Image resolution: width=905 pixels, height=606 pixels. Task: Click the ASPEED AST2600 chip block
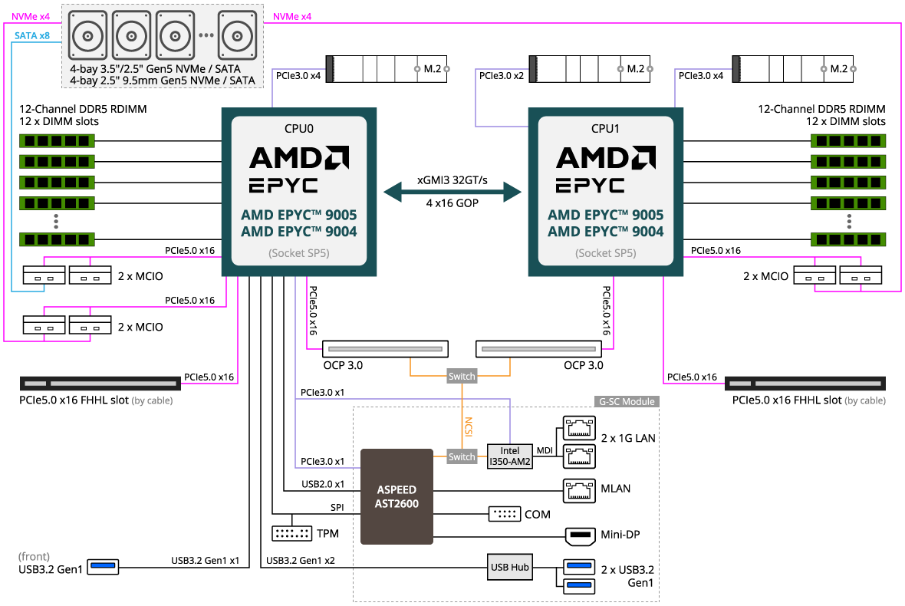click(397, 496)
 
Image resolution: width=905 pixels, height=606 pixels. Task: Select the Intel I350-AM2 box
click(510, 456)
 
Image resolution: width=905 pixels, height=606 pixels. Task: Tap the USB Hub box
click(509, 567)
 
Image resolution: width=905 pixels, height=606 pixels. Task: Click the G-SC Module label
click(627, 401)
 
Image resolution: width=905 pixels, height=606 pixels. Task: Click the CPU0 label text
click(299, 129)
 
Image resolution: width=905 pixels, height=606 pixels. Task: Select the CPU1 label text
click(606, 129)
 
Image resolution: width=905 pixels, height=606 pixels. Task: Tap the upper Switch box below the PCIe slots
click(462, 377)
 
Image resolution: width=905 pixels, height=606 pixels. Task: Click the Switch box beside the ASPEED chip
click(462, 456)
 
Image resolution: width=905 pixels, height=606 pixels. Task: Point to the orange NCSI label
click(469, 427)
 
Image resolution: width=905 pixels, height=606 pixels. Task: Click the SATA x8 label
click(32, 35)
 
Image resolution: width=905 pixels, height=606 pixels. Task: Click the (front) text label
click(34, 556)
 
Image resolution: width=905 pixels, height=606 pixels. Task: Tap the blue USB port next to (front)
click(104, 567)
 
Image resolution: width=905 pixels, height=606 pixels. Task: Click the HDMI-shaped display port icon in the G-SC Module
click(580, 536)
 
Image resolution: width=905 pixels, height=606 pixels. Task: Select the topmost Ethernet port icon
click(580, 426)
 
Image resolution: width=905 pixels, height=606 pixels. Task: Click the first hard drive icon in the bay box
click(88, 35)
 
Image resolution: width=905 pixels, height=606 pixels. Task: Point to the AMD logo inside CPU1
click(606, 157)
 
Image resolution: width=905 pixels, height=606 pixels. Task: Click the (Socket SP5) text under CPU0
click(299, 253)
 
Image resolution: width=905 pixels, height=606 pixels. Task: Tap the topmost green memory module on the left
click(57, 140)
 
